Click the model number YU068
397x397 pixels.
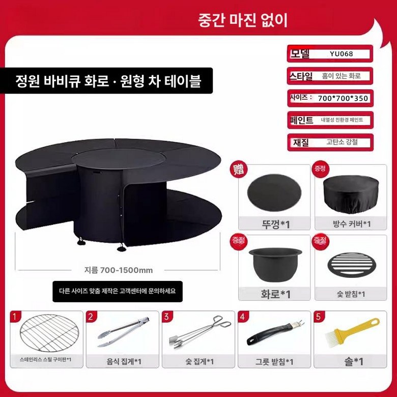pyautogui.click(x=341, y=53)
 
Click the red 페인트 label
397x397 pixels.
pyautogui.click(x=301, y=120)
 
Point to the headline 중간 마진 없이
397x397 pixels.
pyautogui.click(x=243, y=20)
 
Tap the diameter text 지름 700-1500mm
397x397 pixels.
pyautogui.click(x=118, y=270)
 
